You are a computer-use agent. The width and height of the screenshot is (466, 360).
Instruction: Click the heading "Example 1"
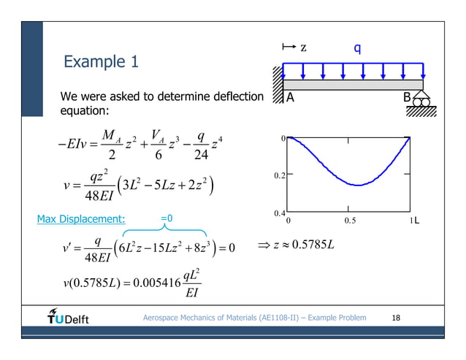click(x=101, y=62)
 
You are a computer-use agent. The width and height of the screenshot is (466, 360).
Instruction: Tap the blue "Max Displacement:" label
click(x=81, y=218)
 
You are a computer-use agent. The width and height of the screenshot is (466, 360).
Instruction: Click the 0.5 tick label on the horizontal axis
click(x=348, y=221)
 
